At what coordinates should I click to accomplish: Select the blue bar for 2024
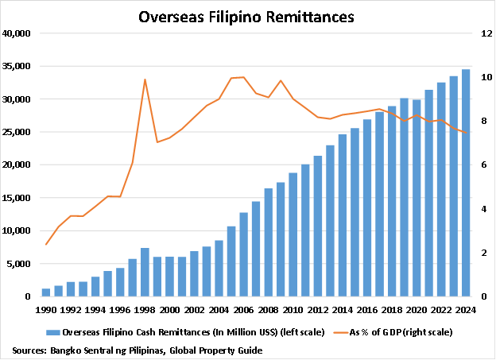tap(466, 183)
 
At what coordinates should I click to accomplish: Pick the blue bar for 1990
tap(46, 292)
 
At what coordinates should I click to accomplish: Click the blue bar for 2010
tap(293, 234)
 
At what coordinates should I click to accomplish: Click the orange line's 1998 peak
tap(145, 79)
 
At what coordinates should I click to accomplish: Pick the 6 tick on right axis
tap(479, 165)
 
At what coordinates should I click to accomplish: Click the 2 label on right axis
tap(479, 253)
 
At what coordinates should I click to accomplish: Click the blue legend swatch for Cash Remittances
tap(53, 332)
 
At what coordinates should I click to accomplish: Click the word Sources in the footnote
tap(29, 350)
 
